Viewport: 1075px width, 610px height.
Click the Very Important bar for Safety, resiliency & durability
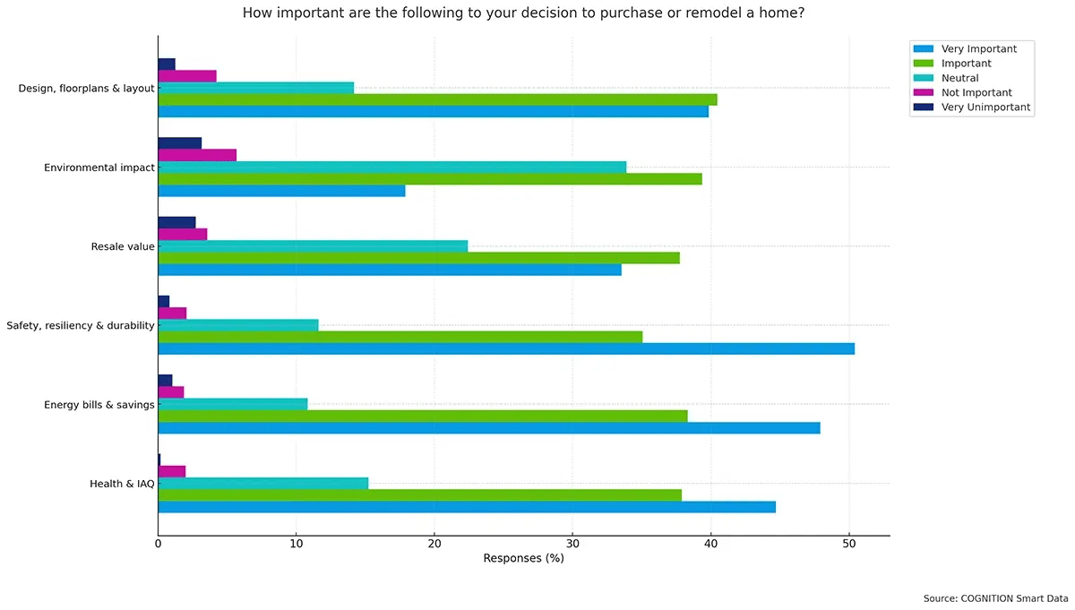click(x=506, y=348)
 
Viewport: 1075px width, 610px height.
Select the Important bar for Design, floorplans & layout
click(x=437, y=99)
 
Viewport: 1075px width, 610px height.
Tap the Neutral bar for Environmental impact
click(x=391, y=167)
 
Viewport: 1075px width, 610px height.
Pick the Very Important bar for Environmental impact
click(x=281, y=191)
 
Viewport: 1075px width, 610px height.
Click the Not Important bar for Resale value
click(x=183, y=234)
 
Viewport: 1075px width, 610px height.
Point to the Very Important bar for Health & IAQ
click(x=467, y=507)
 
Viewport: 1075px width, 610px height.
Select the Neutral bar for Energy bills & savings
click(x=233, y=404)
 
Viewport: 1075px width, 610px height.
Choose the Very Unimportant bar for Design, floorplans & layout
click(x=167, y=64)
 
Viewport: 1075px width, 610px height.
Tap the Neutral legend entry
click(x=959, y=78)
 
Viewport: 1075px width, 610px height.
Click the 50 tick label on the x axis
click(x=849, y=543)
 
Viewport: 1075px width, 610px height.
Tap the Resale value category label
click(x=123, y=246)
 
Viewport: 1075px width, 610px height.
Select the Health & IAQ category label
click(x=122, y=484)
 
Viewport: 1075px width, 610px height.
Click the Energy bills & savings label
click(x=99, y=405)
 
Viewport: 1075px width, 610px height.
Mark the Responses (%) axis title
click(x=523, y=558)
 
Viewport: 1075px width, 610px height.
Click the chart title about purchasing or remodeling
click(x=523, y=13)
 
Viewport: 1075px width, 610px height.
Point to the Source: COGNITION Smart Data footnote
click(x=996, y=597)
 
